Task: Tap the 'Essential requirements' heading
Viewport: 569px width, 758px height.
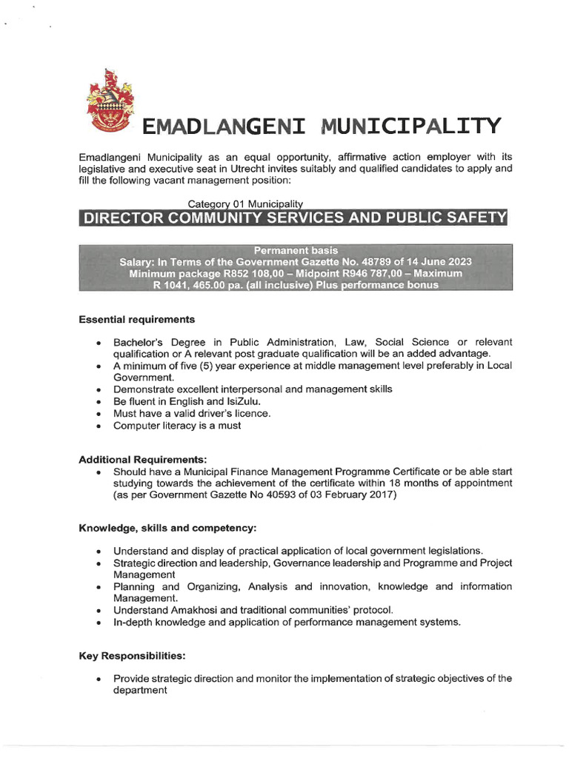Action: click(x=137, y=320)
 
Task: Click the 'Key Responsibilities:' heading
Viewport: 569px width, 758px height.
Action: click(x=133, y=656)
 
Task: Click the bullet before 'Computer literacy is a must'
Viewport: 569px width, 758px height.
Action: click(x=99, y=426)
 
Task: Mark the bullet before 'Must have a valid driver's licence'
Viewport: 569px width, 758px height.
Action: click(x=99, y=414)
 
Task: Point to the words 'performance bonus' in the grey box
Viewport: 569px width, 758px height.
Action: click(x=386, y=285)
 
